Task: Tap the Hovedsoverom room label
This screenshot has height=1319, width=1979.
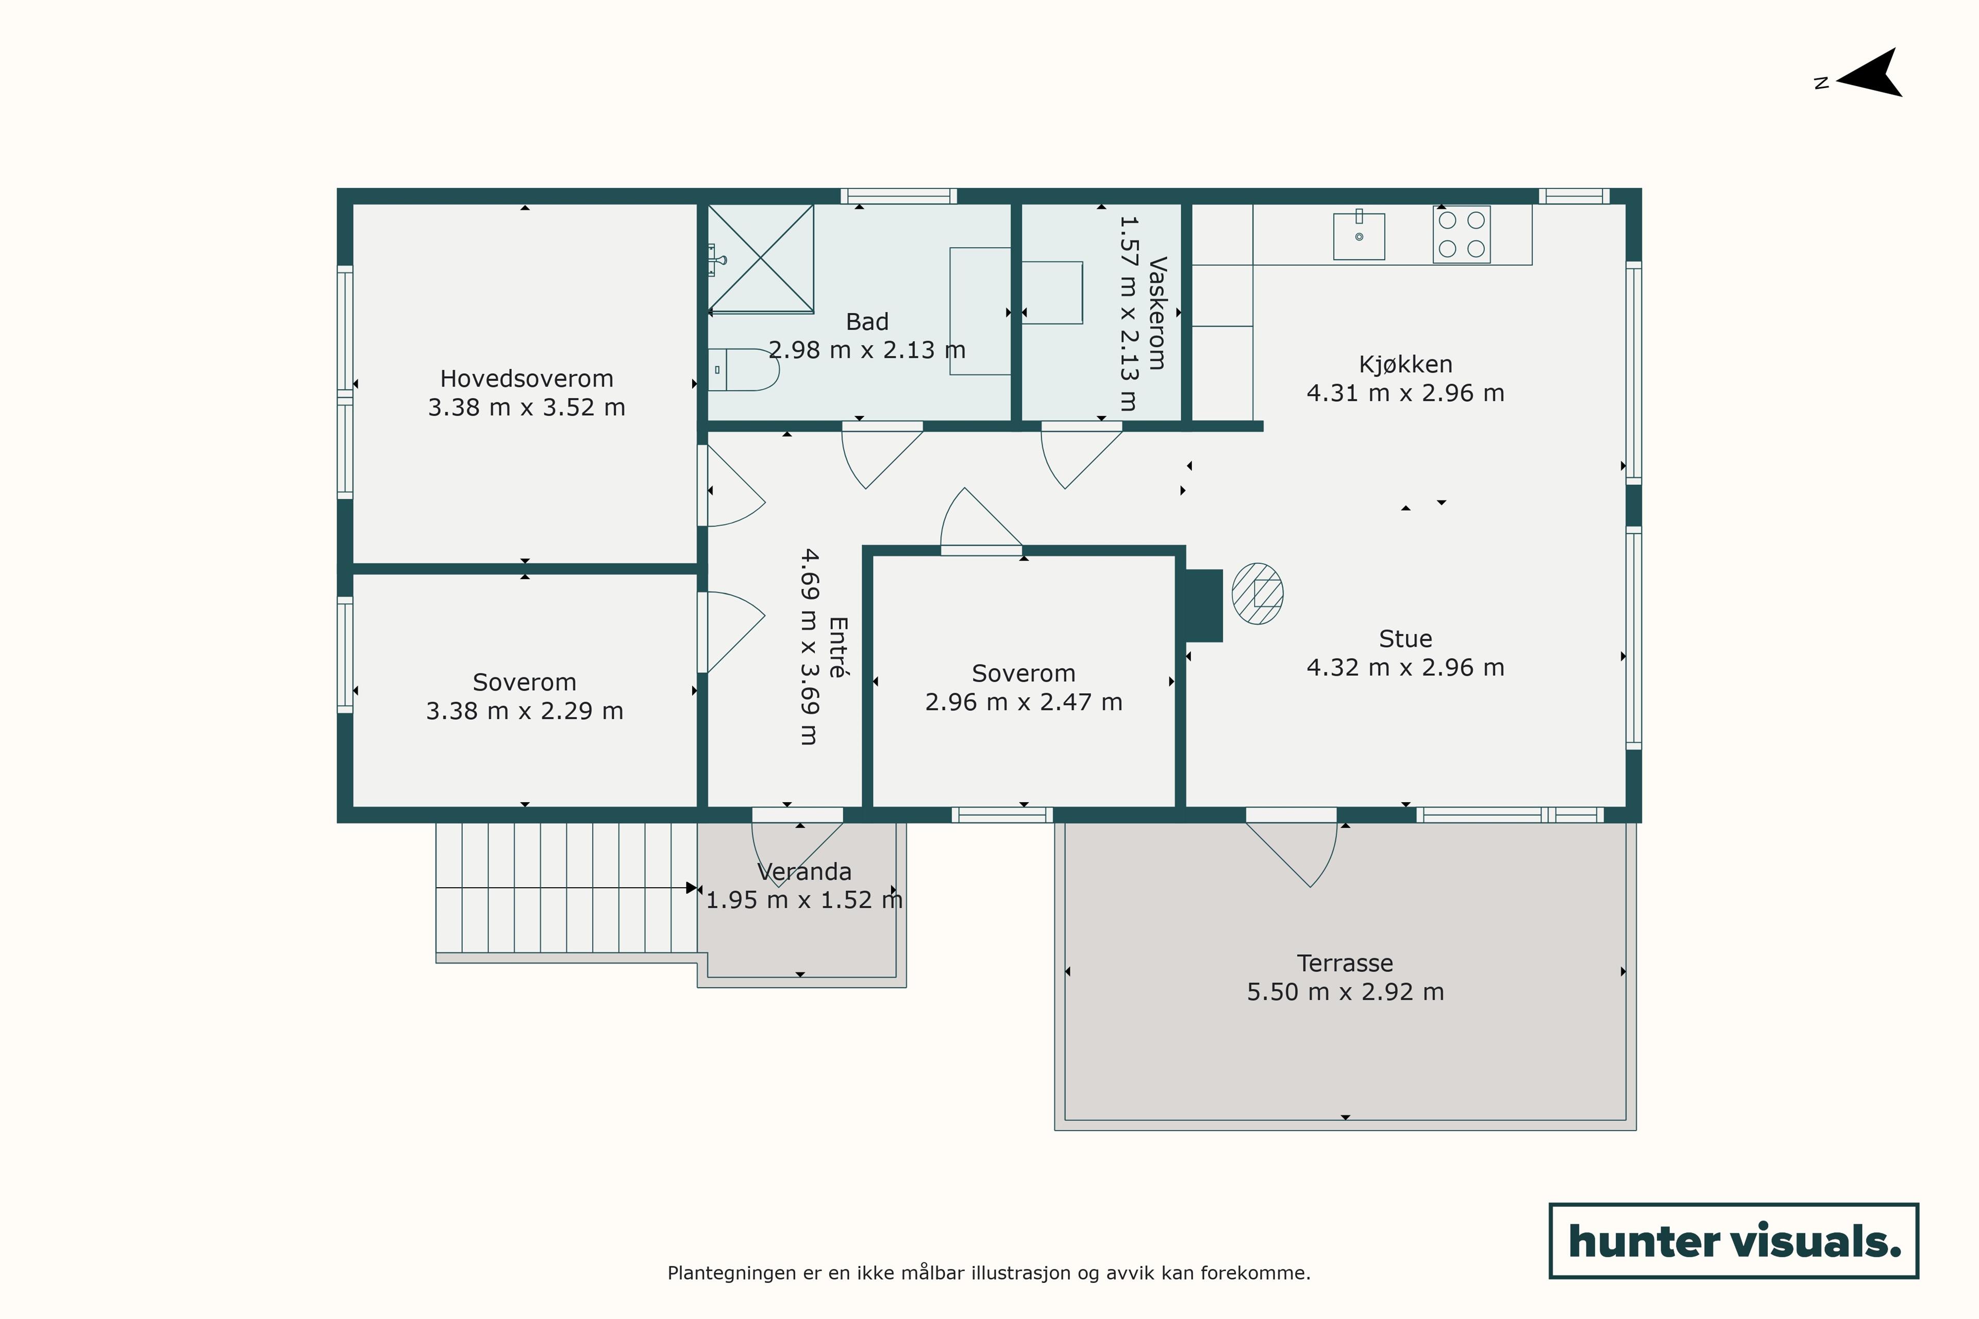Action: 527,379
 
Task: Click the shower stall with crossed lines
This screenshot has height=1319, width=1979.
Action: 761,258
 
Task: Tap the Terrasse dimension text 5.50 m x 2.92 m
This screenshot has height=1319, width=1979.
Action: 1346,992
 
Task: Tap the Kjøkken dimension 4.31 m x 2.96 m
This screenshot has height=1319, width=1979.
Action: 1405,393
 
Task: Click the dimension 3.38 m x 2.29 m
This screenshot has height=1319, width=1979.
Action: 525,711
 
